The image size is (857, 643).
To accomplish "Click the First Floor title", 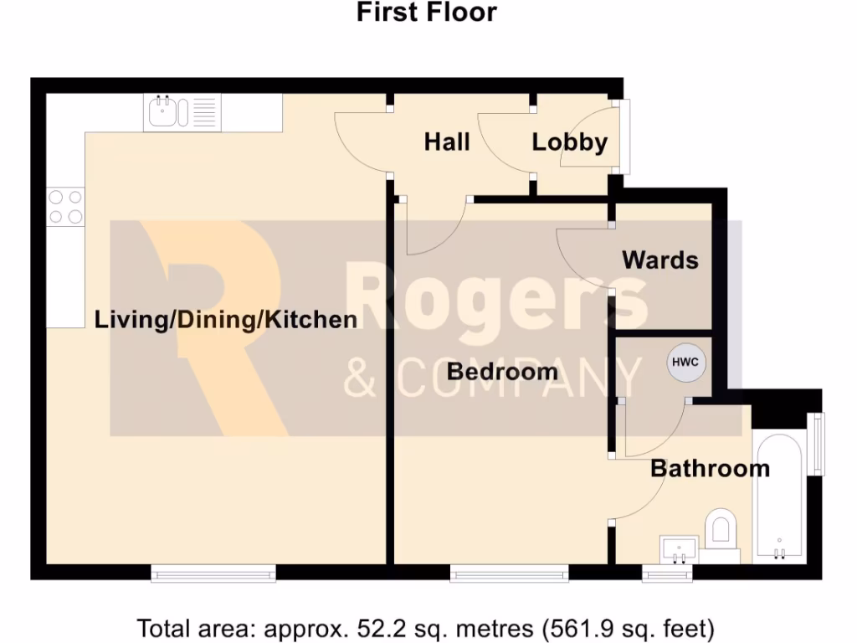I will [427, 13].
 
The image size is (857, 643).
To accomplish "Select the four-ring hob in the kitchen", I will [65, 207].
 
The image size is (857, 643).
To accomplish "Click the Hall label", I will [447, 141].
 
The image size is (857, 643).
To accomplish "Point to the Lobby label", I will [569, 141].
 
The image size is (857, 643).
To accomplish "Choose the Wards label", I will [659, 260].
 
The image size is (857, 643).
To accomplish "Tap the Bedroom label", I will [502, 371].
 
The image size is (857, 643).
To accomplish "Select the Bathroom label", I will [710, 467].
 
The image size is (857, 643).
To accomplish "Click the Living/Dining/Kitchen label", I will [226, 319].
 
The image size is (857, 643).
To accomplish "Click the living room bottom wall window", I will [213, 573].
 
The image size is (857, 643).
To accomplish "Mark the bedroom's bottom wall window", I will [509, 573].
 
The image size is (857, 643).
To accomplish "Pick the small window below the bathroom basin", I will [668, 573].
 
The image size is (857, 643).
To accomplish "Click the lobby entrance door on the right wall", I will [623, 137].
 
